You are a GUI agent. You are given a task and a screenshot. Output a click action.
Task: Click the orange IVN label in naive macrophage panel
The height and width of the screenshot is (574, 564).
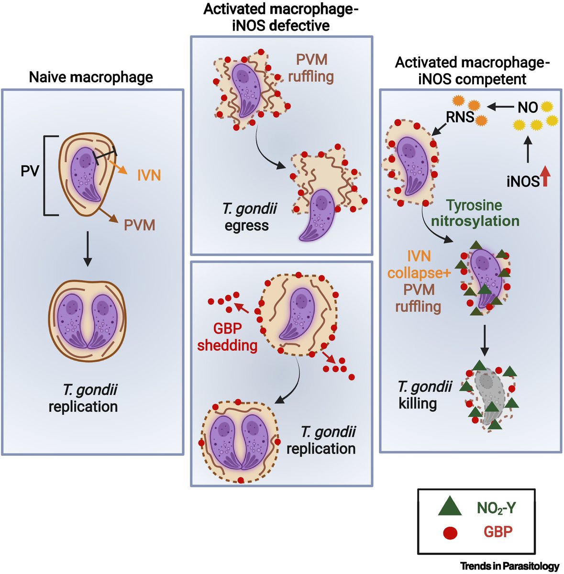149,176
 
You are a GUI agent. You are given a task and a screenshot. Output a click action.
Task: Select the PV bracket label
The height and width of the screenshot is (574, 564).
30,171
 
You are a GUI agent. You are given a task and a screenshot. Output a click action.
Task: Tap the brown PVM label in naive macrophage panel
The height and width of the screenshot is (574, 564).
140,225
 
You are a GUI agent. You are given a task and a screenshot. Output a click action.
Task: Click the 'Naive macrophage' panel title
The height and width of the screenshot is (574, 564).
91,77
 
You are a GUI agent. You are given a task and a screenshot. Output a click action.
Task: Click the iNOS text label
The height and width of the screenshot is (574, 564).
523,181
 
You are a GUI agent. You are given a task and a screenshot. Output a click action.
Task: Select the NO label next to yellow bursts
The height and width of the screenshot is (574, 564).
528,108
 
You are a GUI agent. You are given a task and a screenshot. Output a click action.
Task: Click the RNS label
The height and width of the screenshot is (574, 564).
460,117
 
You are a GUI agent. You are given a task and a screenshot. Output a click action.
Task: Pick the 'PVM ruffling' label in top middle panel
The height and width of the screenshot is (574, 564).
311,67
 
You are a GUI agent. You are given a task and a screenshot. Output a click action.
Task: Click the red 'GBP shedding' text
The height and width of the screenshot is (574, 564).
227,337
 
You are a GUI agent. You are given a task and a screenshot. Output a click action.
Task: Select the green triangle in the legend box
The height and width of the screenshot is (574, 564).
449,507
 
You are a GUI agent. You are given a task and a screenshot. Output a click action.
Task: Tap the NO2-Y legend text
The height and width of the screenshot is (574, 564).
497,508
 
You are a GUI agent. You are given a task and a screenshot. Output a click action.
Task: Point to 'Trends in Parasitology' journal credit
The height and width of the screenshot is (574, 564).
509,566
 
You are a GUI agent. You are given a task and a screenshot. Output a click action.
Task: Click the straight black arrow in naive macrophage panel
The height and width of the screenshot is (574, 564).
87,249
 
